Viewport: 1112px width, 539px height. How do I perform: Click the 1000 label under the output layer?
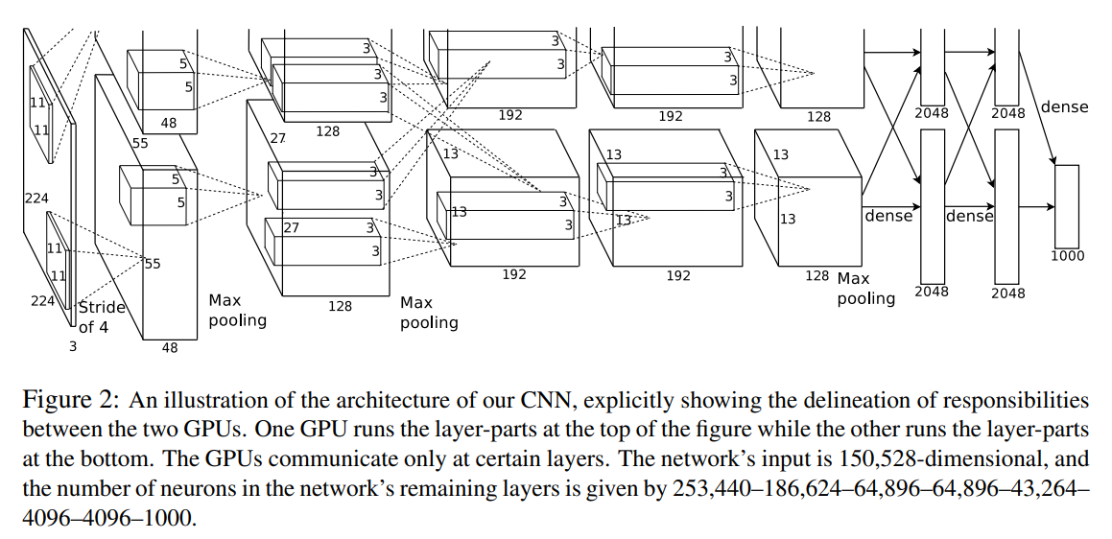(1066, 256)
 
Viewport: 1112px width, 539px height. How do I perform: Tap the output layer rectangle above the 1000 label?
(1066, 205)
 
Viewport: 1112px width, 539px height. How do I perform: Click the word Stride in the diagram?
(102, 308)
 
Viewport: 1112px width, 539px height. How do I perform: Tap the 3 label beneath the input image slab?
(73, 347)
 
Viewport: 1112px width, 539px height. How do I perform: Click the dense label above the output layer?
(1064, 106)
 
